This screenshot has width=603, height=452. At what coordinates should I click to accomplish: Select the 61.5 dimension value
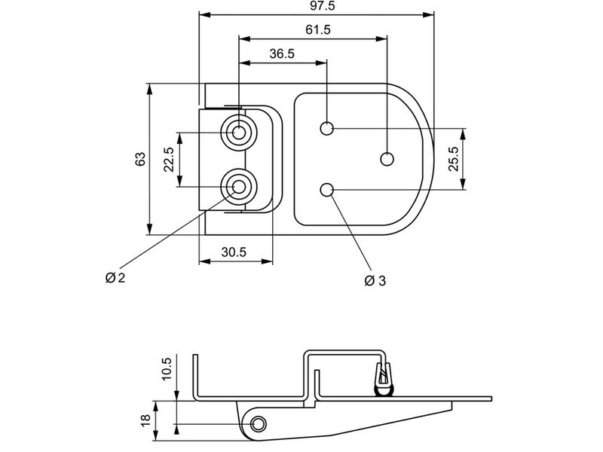coord(318,29)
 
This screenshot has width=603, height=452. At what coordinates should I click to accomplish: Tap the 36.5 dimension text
coord(282,53)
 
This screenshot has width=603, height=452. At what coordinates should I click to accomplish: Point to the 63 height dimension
coord(141,159)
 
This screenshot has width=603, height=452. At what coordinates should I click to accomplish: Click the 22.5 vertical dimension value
coord(169,160)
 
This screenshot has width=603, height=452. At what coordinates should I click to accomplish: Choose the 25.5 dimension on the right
coord(454,159)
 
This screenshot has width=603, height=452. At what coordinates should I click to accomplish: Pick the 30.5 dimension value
coord(234,252)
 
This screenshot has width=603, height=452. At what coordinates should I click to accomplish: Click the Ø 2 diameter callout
coord(115,277)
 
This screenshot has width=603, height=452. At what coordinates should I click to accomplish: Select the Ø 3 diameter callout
coord(375,281)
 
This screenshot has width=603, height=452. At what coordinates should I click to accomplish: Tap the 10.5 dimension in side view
coord(167,369)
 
